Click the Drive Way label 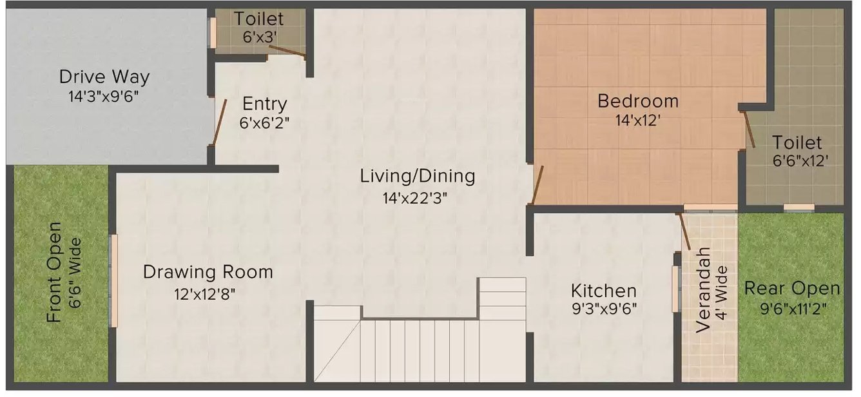tap(104, 77)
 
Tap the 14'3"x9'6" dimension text tap(103, 97)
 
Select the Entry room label tap(264, 104)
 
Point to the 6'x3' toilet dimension tap(260, 37)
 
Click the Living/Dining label tap(418, 177)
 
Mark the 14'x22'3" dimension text tap(415, 198)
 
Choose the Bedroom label tap(637, 101)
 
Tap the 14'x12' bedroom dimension tap(637, 121)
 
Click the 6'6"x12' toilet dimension tap(800, 160)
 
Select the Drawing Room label tap(208, 272)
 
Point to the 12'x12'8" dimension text tap(204, 295)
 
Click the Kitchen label tap(604, 291)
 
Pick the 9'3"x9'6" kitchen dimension tap(605, 309)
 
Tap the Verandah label tap(703, 290)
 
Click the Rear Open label tap(792, 289)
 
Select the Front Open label tap(54, 272)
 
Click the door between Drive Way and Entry tap(220, 122)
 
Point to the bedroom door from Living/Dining tap(537, 185)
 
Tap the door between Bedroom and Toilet tap(750, 130)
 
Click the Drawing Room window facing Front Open tap(114, 281)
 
